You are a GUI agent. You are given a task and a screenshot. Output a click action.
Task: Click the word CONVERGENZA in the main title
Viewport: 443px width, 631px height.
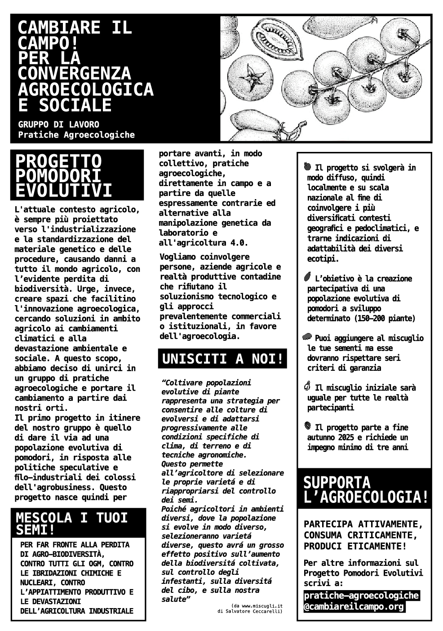pos(74,73)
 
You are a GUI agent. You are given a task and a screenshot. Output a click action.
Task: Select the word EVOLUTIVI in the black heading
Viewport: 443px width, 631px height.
pos(63,191)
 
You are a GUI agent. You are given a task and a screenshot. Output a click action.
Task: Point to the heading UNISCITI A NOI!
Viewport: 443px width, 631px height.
pos(222,359)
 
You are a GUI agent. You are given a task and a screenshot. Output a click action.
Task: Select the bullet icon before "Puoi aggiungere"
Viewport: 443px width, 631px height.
pos(307,337)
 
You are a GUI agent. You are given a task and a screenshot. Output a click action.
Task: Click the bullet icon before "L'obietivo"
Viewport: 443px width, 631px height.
pos(307,277)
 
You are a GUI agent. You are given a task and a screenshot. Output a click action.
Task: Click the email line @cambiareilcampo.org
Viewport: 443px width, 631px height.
pos(354,606)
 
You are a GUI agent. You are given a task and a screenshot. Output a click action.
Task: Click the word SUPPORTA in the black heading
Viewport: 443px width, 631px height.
pos(337,483)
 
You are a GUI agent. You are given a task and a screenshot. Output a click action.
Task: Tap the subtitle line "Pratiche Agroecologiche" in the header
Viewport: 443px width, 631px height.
pos(76,135)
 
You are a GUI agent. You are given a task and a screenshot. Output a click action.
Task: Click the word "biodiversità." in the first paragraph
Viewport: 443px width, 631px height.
pos(41,289)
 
